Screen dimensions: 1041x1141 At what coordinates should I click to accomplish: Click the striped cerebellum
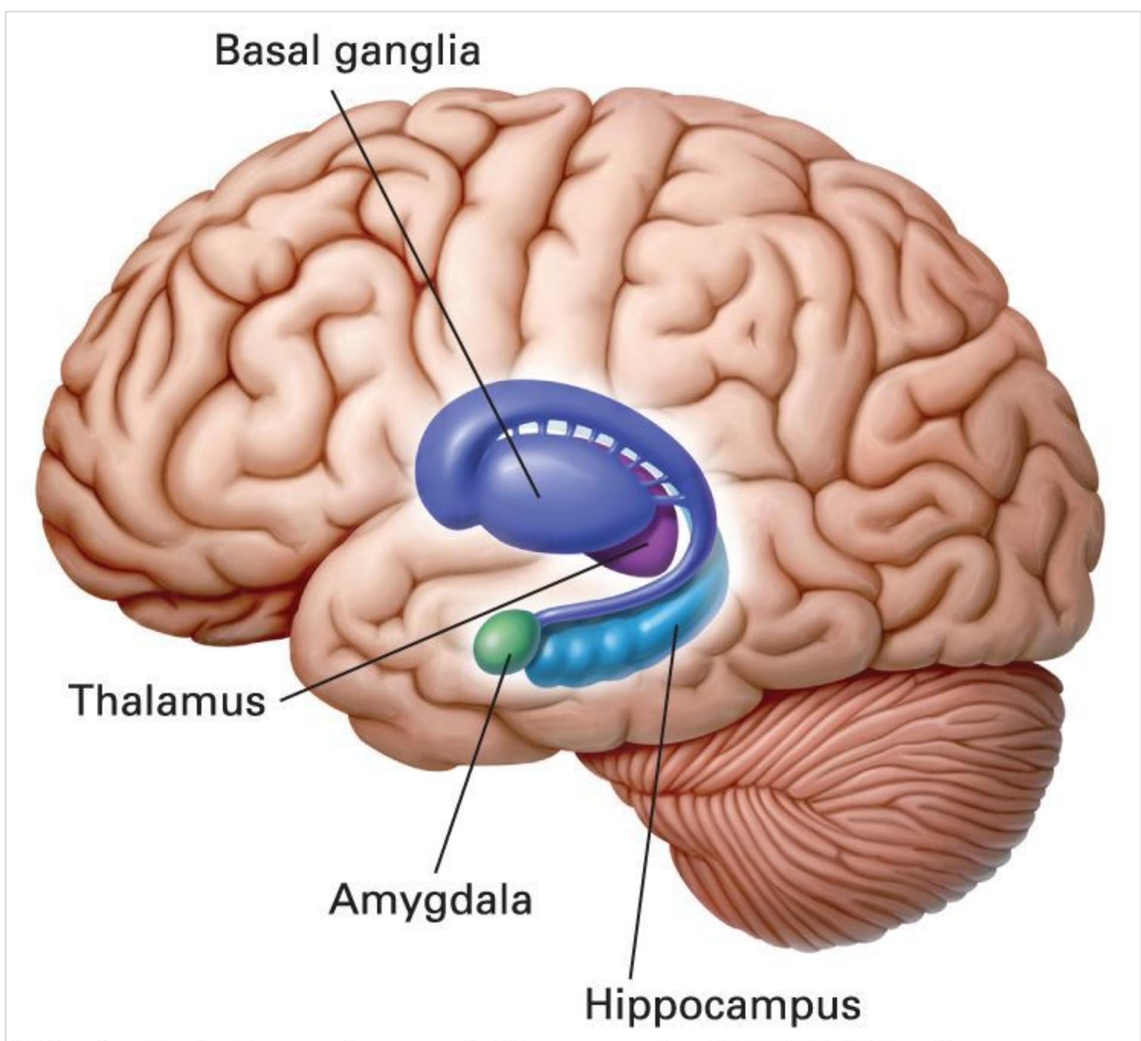tap(895, 806)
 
